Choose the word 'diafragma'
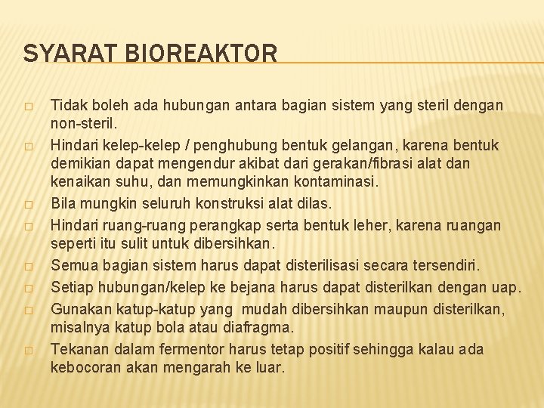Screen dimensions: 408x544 point(261,327)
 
